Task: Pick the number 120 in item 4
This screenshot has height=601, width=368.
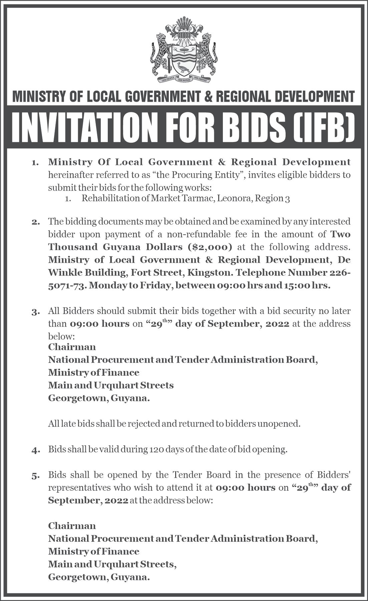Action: [156, 449]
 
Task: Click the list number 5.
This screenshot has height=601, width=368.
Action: [35, 475]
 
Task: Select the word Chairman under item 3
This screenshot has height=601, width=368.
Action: [72, 347]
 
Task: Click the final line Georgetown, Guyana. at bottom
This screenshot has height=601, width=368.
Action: [99, 577]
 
